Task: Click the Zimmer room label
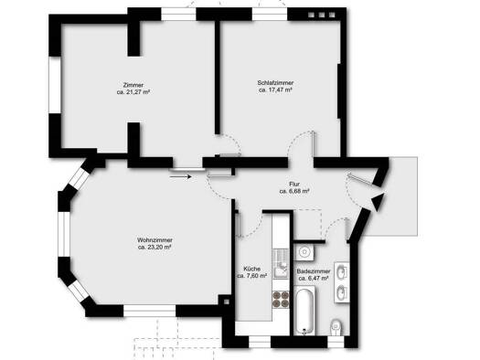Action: click(x=133, y=85)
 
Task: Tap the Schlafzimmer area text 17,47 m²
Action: click(x=275, y=90)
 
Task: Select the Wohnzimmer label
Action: click(x=155, y=240)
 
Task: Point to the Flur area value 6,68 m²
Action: click(x=294, y=191)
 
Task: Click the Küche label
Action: click(x=252, y=269)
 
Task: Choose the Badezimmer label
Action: click(x=314, y=271)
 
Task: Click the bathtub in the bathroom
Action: click(x=304, y=311)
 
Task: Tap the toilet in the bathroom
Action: click(x=336, y=327)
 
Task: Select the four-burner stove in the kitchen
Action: click(x=281, y=299)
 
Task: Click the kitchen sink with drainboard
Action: click(x=281, y=263)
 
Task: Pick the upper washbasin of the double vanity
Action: click(x=341, y=272)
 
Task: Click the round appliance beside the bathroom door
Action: click(x=304, y=252)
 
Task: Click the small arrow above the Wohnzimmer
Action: click(x=181, y=176)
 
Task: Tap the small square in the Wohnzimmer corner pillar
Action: click(x=226, y=302)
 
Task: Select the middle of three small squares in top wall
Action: click(x=322, y=15)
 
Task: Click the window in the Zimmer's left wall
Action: click(x=55, y=85)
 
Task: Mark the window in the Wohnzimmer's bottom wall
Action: click(x=150, y=311)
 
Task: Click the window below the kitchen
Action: click(x=260, y=342)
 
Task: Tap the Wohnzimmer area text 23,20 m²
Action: click(x=155, y=248)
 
